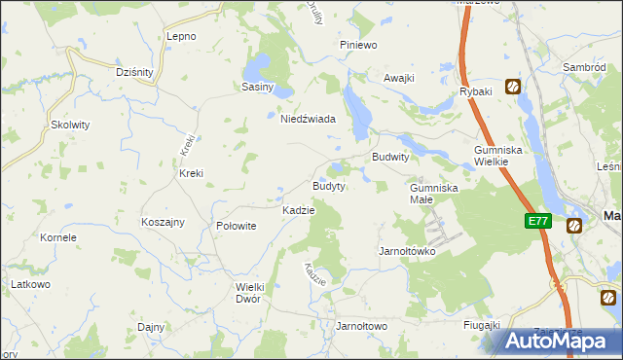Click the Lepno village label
[182, 36]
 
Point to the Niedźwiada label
[308, 119]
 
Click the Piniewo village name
[357, 45]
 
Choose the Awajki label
[399, 78]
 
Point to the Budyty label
[328, 186]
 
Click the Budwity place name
[390, 157]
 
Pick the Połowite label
[236, 225]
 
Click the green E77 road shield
[538, 221]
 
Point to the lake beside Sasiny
[256, 68]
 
